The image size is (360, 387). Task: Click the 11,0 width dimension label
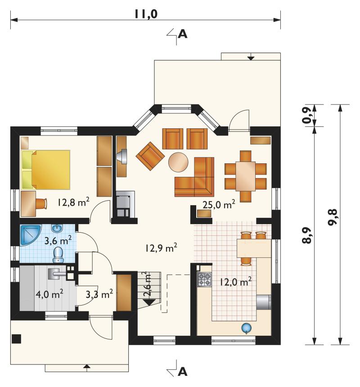tap(146, 14)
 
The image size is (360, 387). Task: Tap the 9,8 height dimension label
tap(333, 217)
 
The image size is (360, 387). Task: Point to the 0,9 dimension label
tap(307, 116)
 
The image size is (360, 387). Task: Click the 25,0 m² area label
tap(219, 204)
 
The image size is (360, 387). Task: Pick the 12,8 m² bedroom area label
tap(73, 202)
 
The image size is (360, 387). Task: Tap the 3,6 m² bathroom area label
tap(58, 240)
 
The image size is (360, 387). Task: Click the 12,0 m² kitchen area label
tap(235, 281)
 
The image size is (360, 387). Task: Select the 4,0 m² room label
tap(49, 294)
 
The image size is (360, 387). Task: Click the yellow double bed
tap(46, 170)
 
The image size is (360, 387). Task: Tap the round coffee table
tap(178, 162)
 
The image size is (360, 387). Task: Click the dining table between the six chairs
tap(246, 176)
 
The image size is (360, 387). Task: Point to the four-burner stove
tap(205, 279)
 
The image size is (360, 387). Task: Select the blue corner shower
tap(29, 234)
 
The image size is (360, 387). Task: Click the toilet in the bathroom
tap(58, 255)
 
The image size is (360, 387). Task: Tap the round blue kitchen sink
tap(246, 328)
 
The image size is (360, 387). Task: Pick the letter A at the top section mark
tap(182, 34)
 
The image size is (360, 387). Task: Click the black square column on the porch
tap(16, 338)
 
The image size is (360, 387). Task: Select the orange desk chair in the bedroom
tap(41, 203)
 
